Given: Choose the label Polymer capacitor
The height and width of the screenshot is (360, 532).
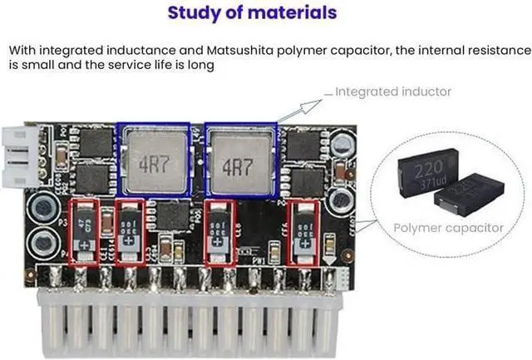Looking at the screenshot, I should (448, 227).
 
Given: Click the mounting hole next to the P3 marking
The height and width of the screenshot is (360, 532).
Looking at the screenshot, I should (38, 205).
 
